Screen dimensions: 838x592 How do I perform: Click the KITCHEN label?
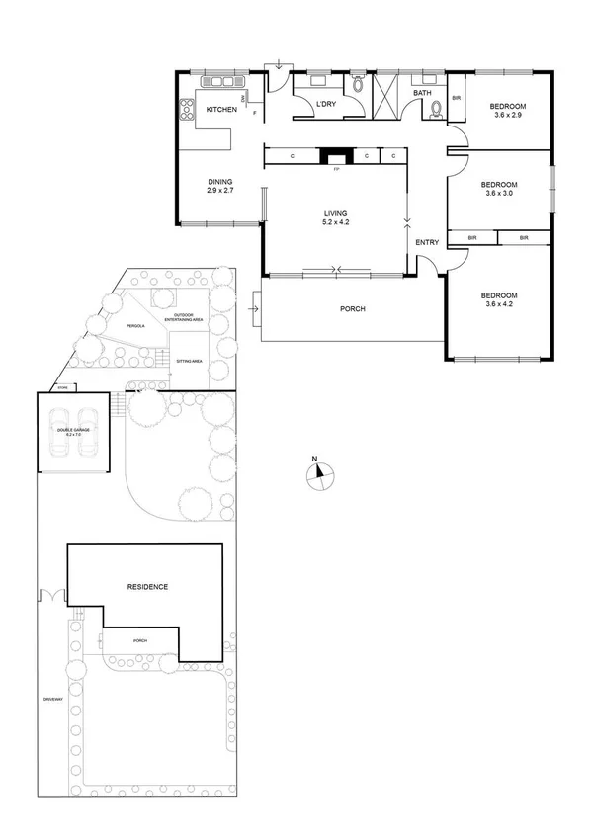pyautogui.click(x=220, y=110)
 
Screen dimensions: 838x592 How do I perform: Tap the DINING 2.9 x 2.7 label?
pyautogui.click(x=219, y=185)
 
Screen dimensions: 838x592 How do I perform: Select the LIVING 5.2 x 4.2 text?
pyautogui.click(x=338, y=218)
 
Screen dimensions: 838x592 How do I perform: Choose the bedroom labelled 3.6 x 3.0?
pyautogui.click(x=499, y=189)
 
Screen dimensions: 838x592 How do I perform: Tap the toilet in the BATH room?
pyautogui.click(x=436, y=111)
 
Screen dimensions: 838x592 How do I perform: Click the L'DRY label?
pyautogui.click(x=327, y=104)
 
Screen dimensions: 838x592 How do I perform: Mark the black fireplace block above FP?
pyautogui.click(x=336, y=156)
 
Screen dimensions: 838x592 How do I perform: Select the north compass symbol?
pyautogui.click(x=316, y=475)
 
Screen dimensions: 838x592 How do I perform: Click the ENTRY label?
pyautogui.click(x=427, y=243)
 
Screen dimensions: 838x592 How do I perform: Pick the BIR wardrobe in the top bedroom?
pyautogui.click(x=457, y=99)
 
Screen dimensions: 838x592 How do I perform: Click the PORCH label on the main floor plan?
pyautogui.click(x=352, y=309)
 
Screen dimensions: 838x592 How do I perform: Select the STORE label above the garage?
pyautogui.click(x=62, y=387)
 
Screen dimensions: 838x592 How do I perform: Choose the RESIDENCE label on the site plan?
pyautogui.click(x=147, y=587)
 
